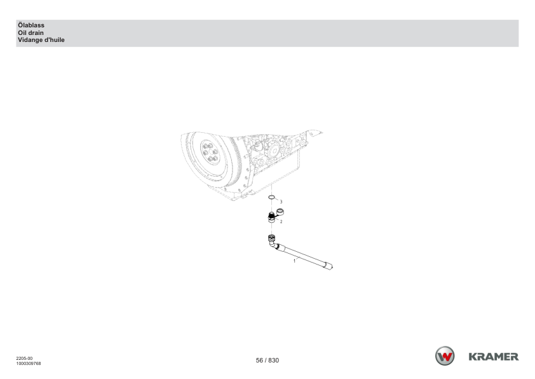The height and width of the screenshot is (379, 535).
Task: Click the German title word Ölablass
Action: pyautogui.click(x=31, y=25)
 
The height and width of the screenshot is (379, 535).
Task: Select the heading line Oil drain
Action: pyautogui.click(x=30, y=33)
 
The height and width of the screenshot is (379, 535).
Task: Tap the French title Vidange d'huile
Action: pyautogui.click(x=41, y=40)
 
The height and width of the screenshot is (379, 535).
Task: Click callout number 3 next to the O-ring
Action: pyautogui.click(x=281, y=202)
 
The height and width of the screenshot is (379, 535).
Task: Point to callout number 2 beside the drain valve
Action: pyautogui.click(x=281, y=221)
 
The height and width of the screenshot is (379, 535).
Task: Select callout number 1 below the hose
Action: pyautogui.click(x=294, y=261)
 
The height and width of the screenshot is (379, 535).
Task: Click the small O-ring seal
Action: pyautogui.click(x=271, y=197)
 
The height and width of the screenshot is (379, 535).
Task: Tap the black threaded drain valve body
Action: pyautogui.click(x=271, y=217)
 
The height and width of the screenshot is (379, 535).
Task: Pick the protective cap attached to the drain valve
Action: pyautogui.click(x=280, y=212)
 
